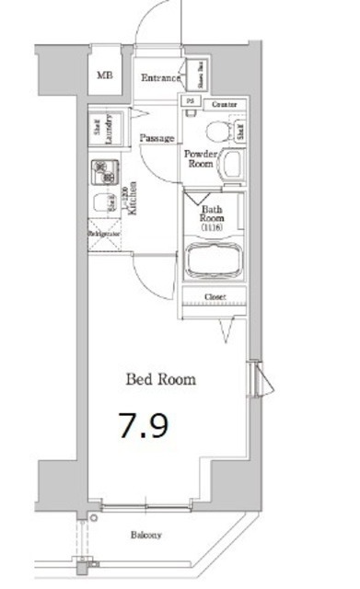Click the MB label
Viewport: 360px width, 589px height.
(106, 75)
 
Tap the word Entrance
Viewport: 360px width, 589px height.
(161, 78)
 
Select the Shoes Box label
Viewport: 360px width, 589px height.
(196, 72)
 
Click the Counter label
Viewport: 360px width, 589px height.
(224, 105)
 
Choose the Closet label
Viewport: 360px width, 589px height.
(215, 297)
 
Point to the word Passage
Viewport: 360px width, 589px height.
(157, 138)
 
